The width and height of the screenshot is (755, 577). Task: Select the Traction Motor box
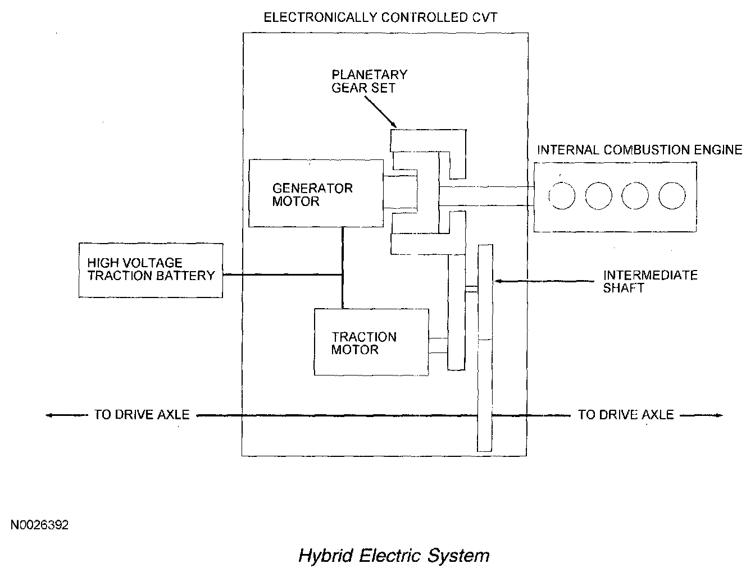pyautogui.click(x=371, y=342)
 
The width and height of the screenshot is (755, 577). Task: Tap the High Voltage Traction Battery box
pyautogui.click(x=151, y=270)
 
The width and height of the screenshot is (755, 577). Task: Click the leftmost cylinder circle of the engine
pyautogui.click(x=562, y=196)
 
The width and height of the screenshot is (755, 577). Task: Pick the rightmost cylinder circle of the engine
pyautogui.click(x=672, y=196)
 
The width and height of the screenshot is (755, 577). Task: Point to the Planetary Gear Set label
pyautogui.click(x=369, y=81)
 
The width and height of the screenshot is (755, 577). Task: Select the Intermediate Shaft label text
pyautogui.click(x=649, y=281)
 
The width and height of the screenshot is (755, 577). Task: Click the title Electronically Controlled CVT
pyautogui.click(x=380, y=17)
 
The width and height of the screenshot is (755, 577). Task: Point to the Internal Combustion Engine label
pyautogui.click(x=639, y=150)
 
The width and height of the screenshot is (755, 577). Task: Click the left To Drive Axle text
pyautogui.click(x=142, y=415)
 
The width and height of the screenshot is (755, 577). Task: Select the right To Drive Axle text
pyautogui.click(x=625, y=415)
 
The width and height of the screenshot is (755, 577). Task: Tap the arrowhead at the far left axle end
pyautogui.click(x=49, y=415)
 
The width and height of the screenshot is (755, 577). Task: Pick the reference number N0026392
pyautogui.click(x=39, y=525)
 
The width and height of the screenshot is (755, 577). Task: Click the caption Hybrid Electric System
pyautogui.click(x=393, y=556)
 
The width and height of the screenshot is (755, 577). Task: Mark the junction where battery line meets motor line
pyautogui.click(x=342, y=275)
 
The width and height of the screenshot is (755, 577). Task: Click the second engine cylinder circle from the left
pyautogui.click(x=598, y=196)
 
